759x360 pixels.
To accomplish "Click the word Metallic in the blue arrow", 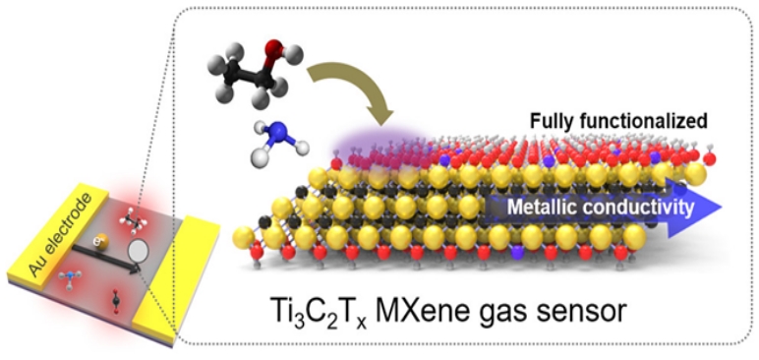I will click(x=543, y=208).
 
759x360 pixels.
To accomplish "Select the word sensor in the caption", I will click(x=579, y=310).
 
